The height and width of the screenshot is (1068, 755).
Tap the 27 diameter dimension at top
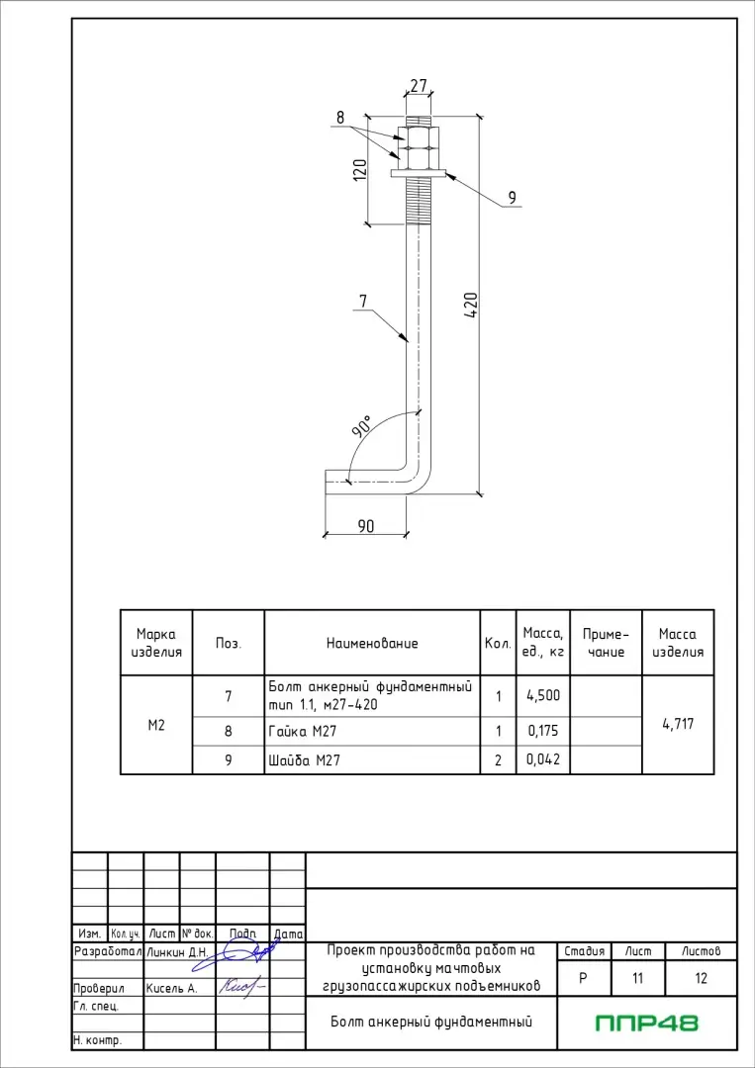[419, 86]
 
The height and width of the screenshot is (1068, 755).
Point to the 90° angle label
[362, 427]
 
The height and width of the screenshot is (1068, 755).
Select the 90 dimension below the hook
[366, 526]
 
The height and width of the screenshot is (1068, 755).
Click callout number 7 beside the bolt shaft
[363, 300]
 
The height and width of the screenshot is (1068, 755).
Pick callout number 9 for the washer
[512, 198]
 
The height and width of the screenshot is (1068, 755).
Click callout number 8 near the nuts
[340, 117]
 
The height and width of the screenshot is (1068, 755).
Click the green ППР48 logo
[647, 1023]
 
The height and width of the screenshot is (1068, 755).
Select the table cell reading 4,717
[678, 724]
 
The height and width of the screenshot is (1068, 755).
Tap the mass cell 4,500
[543, 695]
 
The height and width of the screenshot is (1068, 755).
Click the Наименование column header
[372, 643]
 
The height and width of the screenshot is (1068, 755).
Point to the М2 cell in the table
[155, 725]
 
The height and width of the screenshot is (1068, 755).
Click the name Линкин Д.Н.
[176, 952]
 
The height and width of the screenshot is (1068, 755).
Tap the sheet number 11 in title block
[638, 979]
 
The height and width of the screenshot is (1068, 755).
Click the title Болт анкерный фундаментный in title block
[431, 1022]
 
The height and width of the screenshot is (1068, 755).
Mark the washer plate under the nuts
[419, 173]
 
